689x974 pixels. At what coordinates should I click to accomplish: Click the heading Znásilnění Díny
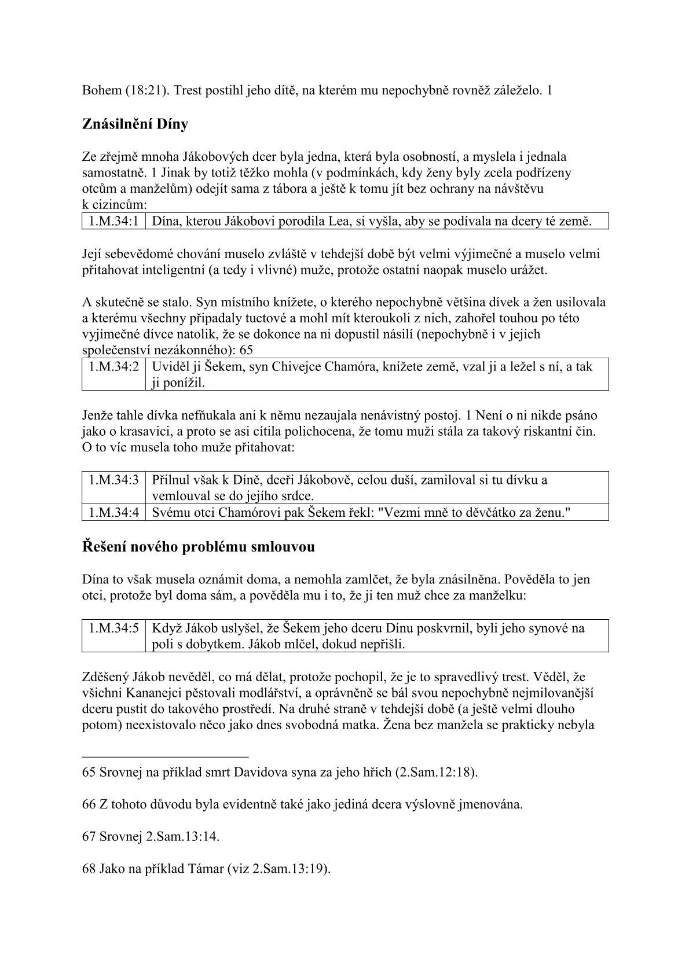(135, 124)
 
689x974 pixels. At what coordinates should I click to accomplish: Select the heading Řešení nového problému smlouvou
(199, 546)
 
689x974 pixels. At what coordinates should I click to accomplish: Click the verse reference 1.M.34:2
(113, 367)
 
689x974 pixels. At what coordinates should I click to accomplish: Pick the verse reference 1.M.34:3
(113, 480)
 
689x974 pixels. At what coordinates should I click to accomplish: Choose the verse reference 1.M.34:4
(113, 512)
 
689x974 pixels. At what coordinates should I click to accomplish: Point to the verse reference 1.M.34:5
(113, 628)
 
